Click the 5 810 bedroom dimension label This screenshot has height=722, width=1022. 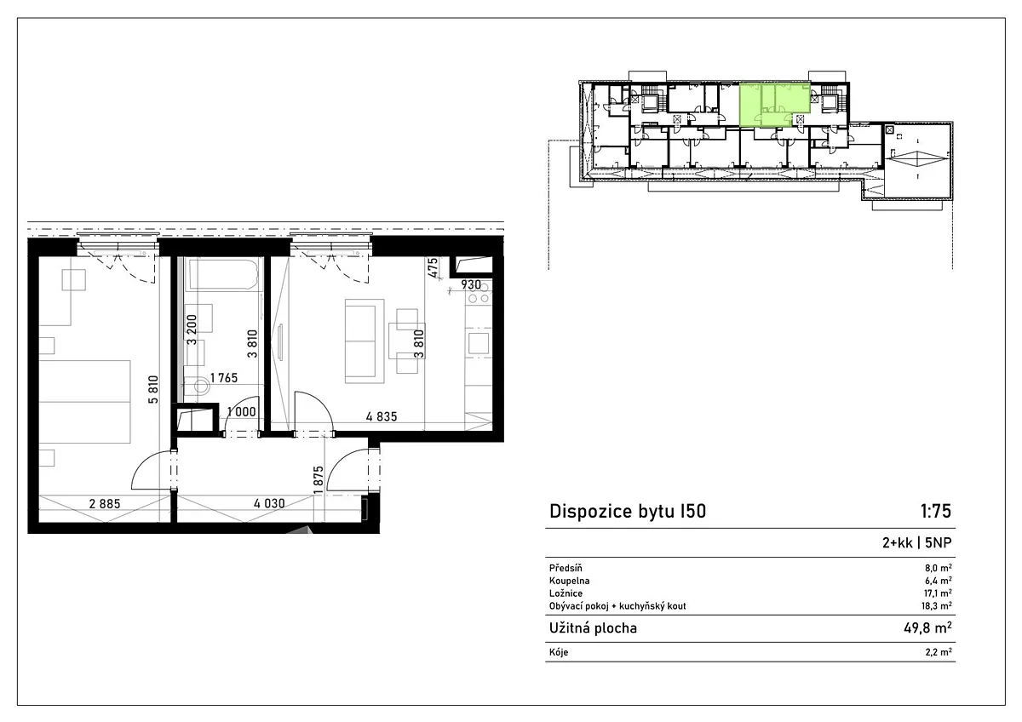(154, 389)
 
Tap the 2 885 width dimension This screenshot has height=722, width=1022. (105, 504)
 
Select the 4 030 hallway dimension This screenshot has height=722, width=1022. (269, 503)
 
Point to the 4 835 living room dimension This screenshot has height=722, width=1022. (382, 416)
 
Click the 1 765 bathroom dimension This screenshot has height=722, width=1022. (223, 378)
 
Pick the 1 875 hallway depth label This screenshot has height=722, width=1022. (319, 480)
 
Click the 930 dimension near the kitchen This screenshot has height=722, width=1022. (471, 285)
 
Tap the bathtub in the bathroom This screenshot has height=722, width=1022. (224, 274)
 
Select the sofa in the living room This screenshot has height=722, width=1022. (365, 341)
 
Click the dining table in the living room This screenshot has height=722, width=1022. (406, 341)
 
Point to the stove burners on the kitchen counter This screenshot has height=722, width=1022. (479, 294)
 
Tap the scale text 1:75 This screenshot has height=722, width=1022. (935, 512)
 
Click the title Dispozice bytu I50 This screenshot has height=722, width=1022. (628, 512)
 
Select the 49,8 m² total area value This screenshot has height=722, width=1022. (927, 628)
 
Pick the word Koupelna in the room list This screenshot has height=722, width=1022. (570, 581)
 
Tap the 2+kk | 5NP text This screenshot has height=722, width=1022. (917, 542)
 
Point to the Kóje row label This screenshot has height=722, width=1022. (559, 652)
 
